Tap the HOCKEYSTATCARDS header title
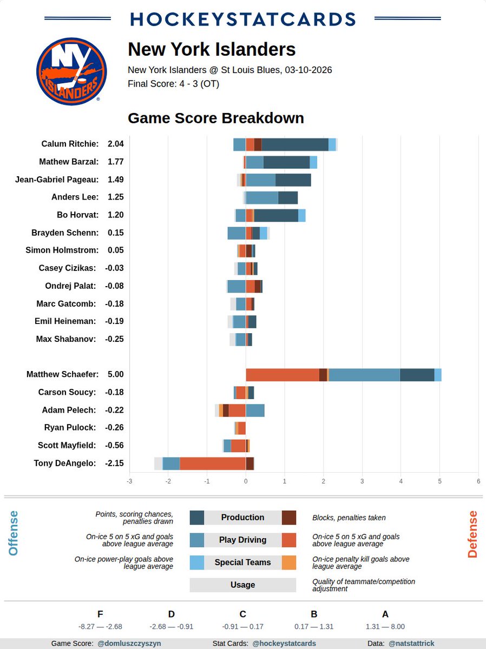[243, 19]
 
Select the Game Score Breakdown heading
[215, 118]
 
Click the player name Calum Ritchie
[70, 144]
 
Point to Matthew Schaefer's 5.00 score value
[115, 374]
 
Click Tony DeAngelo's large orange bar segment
[213, 463]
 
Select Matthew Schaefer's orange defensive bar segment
[282, 375]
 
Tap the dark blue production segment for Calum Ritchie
[295, 144]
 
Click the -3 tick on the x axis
[129, 481]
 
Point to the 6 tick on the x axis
[478, 481]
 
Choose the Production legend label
[242, 518]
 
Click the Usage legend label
[242, 585]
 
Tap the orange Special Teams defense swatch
[289, 562]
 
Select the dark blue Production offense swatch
[196, 518]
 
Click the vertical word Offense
[14, 533]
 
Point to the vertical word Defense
[472, 534]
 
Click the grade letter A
[385, 614]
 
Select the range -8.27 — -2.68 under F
[100, 627]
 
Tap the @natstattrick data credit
[411, 644]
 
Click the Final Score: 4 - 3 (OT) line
[173, 84]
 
